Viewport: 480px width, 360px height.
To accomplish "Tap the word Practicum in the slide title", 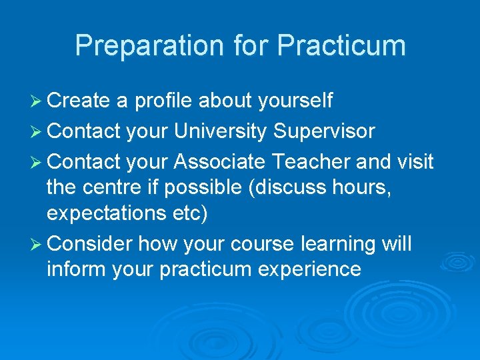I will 341,46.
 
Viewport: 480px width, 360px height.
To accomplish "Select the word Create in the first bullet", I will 79,101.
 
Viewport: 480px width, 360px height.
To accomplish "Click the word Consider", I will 91,244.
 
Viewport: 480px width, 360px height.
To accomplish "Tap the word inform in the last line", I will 71,269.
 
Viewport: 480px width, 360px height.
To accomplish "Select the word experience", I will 305,269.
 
